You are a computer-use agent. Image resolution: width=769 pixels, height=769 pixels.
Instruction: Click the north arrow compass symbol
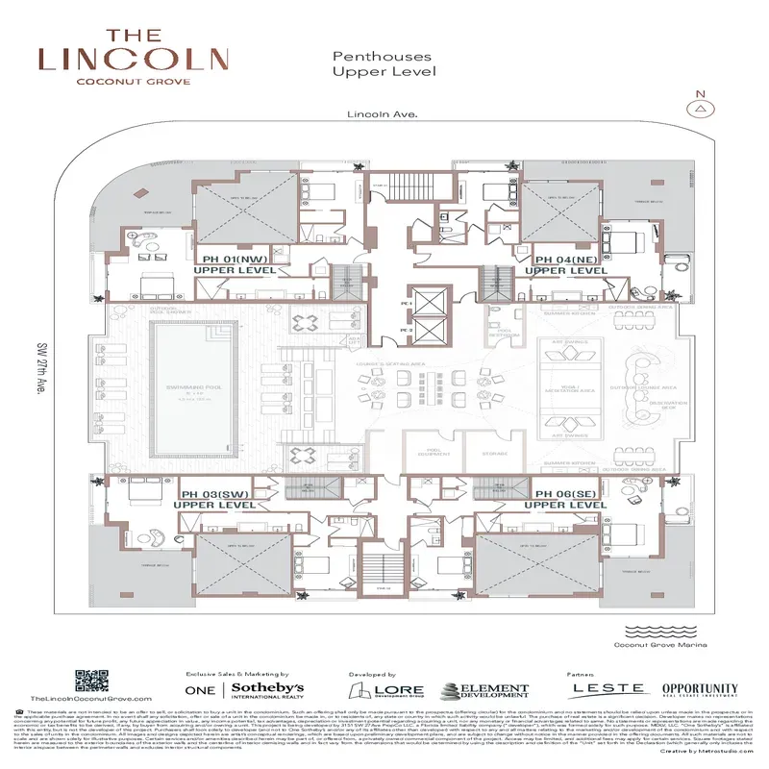701,107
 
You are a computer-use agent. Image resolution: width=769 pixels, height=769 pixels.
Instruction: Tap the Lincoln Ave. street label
383,114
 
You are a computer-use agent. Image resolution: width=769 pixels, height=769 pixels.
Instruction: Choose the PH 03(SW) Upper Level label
217,499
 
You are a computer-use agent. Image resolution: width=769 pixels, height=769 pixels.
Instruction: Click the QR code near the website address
90,680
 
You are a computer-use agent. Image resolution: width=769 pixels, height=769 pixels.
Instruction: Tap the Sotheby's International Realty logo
245,690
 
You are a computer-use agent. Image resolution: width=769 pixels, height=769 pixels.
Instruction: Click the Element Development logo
485,690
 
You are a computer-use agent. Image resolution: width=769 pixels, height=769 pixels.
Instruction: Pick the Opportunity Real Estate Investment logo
700,690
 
